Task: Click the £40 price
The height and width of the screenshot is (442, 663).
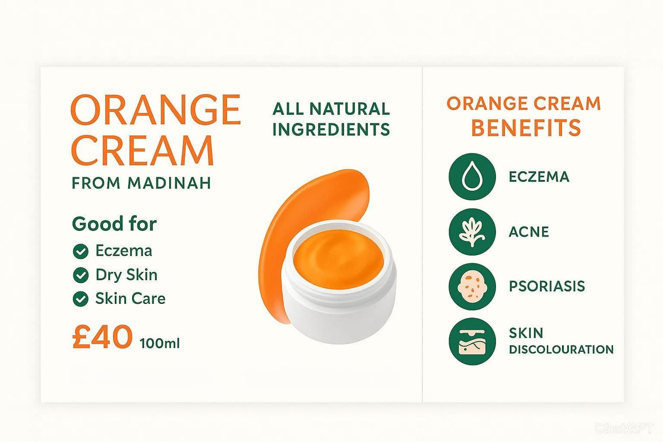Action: tap(102, 337)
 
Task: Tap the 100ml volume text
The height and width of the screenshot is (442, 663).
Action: tap(160, 343)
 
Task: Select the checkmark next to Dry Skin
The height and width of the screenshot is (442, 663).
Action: tap(81, 275)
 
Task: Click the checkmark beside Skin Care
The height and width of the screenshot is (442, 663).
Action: tap(81, 299)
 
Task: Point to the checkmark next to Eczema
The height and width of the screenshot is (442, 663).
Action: tap(81, 251)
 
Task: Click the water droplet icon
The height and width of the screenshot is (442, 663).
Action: tap(472, 177)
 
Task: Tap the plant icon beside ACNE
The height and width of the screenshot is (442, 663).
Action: tap(472, 232)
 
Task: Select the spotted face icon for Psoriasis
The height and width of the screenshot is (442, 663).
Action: tap(472, 286)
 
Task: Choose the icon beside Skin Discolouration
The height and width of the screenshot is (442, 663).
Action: tap(472, 341)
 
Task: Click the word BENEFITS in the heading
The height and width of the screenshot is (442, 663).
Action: tap(526, 128)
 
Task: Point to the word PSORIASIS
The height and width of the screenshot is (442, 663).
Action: tap(546, 286)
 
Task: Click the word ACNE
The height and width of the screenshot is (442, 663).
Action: tap(529, 232)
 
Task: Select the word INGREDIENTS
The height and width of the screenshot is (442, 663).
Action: tap(331, 129)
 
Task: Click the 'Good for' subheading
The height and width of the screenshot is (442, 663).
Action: tap(114, 224)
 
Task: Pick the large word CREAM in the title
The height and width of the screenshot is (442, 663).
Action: tap(142, 150)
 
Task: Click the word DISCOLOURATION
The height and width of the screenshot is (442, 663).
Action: tap(561, 349)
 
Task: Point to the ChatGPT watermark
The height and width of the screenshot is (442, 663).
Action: tap(624, 428)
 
